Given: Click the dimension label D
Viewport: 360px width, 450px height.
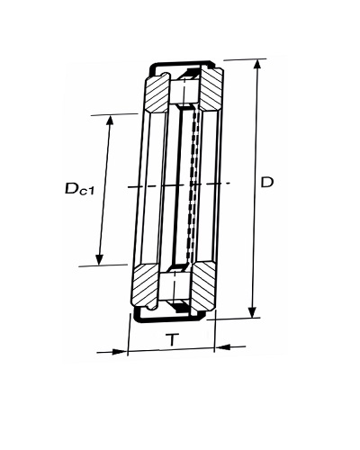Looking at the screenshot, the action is [x=267, y=183].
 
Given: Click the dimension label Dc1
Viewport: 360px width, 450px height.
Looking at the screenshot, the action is [x=79, y=189].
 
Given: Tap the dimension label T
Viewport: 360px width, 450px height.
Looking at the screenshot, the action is [x=172, y=339].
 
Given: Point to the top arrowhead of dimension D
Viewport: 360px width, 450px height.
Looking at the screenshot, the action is [x=257, y=66].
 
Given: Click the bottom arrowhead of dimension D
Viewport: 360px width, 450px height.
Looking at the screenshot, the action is [x=253, y=311].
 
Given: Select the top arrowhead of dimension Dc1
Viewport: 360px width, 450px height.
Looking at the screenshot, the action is [x=110, y=121].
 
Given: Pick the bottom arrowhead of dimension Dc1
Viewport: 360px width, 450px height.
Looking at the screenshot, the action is [x=99, y=259].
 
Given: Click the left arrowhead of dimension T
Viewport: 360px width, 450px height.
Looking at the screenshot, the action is [x=119, y=352].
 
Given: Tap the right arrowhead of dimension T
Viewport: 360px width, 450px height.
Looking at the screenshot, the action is [x=222, y=347].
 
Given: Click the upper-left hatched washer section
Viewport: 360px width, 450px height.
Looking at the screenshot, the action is [x=157, y=93].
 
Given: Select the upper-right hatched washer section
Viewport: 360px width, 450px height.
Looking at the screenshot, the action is [x=211, y=89].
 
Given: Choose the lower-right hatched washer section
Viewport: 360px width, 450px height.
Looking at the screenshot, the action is [x=202, y=287].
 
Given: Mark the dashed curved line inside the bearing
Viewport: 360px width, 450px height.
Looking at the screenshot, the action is [x=192, y=186].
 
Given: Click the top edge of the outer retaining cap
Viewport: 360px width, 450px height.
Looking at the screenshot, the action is [x=182, y=64].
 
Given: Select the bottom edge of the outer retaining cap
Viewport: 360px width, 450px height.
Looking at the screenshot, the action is [x=169, y=319].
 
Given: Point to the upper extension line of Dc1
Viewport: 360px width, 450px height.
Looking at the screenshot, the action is [x=114, y=114].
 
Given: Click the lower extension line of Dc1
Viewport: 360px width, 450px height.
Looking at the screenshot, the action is [x=103, y=265].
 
